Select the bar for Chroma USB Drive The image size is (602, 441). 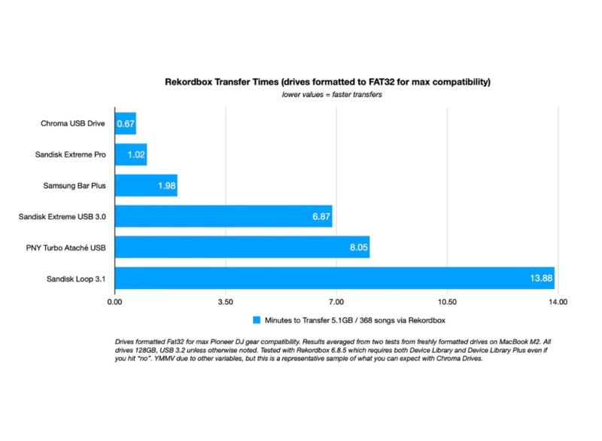[x=125, y=123]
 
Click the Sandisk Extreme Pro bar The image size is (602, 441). [x=130, y=154]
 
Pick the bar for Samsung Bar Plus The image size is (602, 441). [x=145, y=185]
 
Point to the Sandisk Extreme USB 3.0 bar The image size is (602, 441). [x=223, y=216]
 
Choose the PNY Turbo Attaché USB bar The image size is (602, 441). [x=242, y=247]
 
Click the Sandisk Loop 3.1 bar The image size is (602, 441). [x=334, y=278]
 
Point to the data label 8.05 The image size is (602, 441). [x=357, y=248]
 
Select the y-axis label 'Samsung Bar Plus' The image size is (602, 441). [x=73, y=185]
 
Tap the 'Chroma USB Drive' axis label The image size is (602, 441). [x=73, y=123]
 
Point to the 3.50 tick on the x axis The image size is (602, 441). [x=225, y=301]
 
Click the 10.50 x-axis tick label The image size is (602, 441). [x=446, y=301]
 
